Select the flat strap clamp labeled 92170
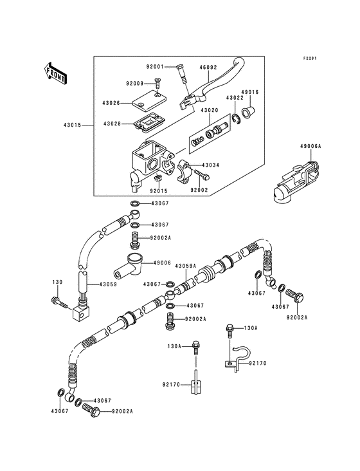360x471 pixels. [195, 386]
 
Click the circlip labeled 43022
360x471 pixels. [235, 115]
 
